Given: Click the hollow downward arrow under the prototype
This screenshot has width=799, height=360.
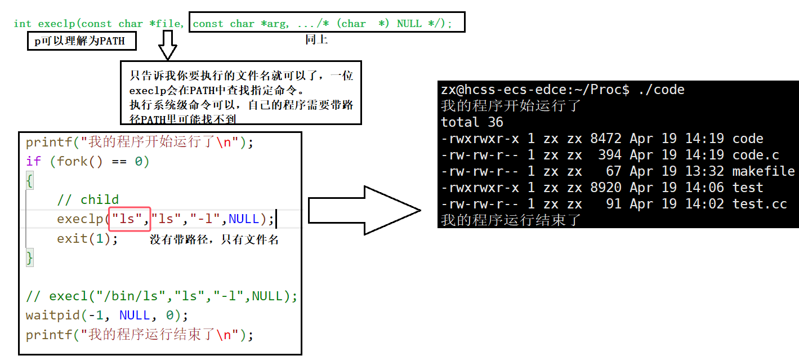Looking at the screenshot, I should (168, 45).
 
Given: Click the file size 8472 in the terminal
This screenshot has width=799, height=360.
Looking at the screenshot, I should (606, 139).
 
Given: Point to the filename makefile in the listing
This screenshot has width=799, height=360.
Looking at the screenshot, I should (763, 171).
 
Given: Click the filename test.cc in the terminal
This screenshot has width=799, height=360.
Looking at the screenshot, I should (759, 204).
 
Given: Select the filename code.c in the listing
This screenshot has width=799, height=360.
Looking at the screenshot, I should (756, 155).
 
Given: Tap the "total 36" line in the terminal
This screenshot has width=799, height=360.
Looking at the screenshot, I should (472, 122).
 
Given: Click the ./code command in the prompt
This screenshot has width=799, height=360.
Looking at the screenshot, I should (661, 90).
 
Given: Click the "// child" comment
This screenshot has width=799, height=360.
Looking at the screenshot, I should (88, 199).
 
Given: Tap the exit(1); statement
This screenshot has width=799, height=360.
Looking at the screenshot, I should (87, 238).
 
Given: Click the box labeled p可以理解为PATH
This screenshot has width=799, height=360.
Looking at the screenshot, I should (82, 42).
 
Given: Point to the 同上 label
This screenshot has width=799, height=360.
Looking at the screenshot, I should (316, 39).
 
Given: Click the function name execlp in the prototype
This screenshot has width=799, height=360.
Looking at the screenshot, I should (56, 24).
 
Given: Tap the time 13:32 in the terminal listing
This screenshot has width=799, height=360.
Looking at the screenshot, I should (701, 171).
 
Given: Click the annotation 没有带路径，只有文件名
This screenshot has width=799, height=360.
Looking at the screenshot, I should (214, 239).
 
